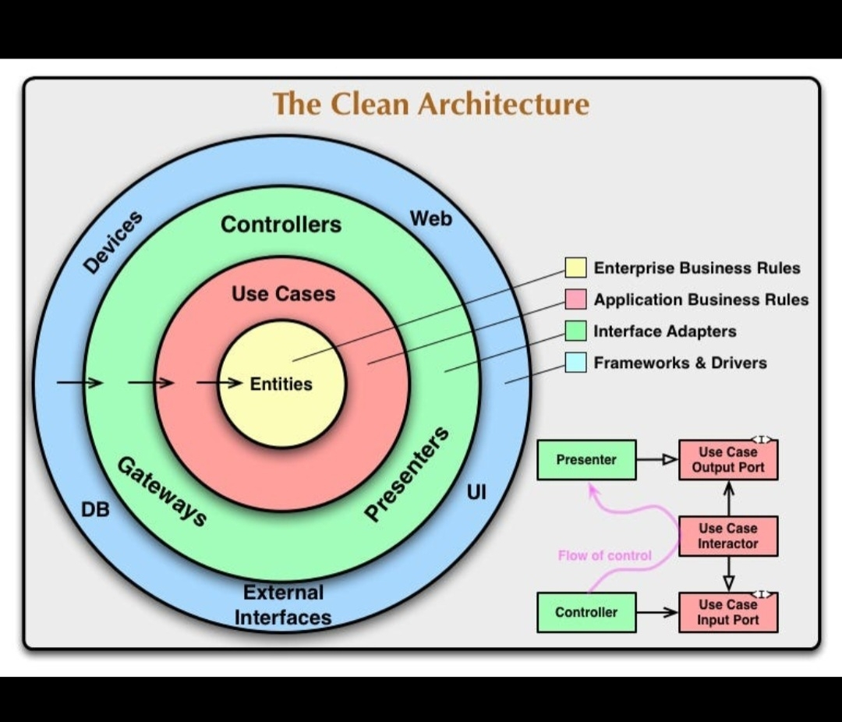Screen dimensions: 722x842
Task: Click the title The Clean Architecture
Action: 430,104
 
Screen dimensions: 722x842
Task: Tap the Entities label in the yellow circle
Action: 281,384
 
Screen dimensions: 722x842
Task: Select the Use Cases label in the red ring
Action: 283,294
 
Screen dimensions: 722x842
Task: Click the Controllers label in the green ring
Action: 281,225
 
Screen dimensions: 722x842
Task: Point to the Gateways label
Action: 162,492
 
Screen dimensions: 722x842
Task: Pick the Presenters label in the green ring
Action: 408,474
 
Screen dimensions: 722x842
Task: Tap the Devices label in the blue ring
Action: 114,242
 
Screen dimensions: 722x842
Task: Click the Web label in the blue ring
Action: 431,219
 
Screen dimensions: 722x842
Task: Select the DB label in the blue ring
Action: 96,510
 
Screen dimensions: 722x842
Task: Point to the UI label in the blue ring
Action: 476,493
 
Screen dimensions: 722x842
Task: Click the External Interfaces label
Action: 283,605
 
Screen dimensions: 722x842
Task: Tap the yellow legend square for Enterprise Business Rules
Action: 575,267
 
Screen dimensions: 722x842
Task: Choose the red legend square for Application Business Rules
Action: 575,299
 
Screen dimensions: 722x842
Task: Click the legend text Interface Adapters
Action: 664,331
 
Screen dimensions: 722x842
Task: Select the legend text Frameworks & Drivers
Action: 680,363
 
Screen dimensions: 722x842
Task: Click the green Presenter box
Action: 586,460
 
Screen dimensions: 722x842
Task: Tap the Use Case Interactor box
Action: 727,536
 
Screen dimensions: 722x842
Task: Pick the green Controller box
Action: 586,612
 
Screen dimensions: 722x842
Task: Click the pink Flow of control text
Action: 604,555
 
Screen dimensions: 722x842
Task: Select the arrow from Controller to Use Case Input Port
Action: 656,612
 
